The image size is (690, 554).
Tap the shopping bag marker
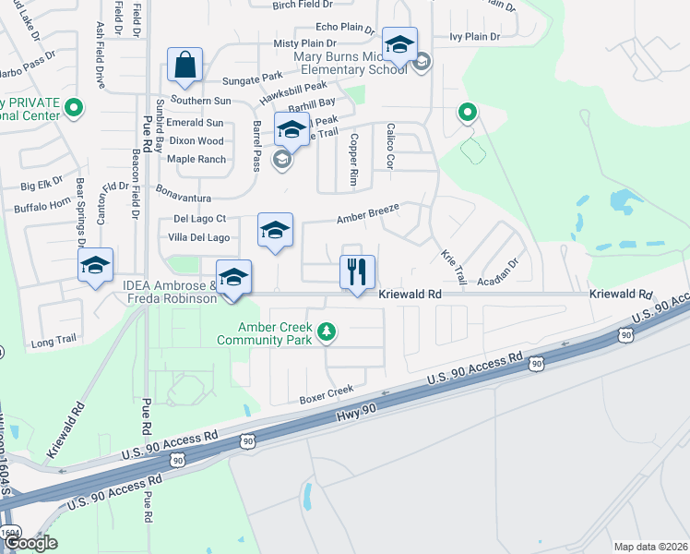point(185,66)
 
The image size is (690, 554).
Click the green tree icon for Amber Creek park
point(325,331)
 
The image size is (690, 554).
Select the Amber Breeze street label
point(367,214)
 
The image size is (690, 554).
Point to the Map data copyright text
point(650,547)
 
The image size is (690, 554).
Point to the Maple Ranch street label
point(196,160)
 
